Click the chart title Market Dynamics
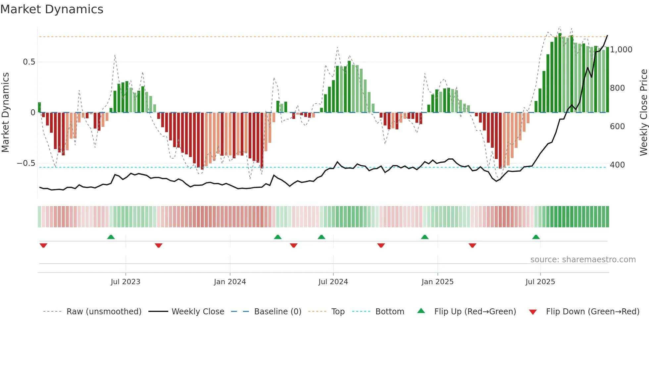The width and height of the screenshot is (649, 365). (52, 9)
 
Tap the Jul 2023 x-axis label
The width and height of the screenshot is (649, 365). (125, 282)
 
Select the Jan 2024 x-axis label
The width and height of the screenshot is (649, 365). (230, 282)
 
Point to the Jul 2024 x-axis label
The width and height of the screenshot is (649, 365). (333, 282)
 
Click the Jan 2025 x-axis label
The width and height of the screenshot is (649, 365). (437, 282)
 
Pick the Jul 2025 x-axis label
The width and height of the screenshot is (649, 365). (540, 282)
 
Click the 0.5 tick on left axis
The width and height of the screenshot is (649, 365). (29, 62)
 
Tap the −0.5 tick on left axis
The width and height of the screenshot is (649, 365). (26, 163)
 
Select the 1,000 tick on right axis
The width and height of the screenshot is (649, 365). (621, 50)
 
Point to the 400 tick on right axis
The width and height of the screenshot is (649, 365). (617, 165)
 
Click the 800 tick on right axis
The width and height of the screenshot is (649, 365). (617, 88)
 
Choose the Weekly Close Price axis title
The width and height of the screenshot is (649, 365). (643, 112)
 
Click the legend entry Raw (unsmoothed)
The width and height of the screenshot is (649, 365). (104, 312)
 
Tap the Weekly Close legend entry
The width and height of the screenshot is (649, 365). (198, 312)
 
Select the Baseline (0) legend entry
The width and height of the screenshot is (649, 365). (277, 312)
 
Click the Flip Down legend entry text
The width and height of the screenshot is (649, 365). (592, 312)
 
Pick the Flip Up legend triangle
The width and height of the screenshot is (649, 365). (421, 311)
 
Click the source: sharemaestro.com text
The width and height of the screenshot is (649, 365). (583, 260)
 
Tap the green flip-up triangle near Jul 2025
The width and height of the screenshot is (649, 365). (536, 237)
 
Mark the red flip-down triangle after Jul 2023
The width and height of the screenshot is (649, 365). (159, 245)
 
